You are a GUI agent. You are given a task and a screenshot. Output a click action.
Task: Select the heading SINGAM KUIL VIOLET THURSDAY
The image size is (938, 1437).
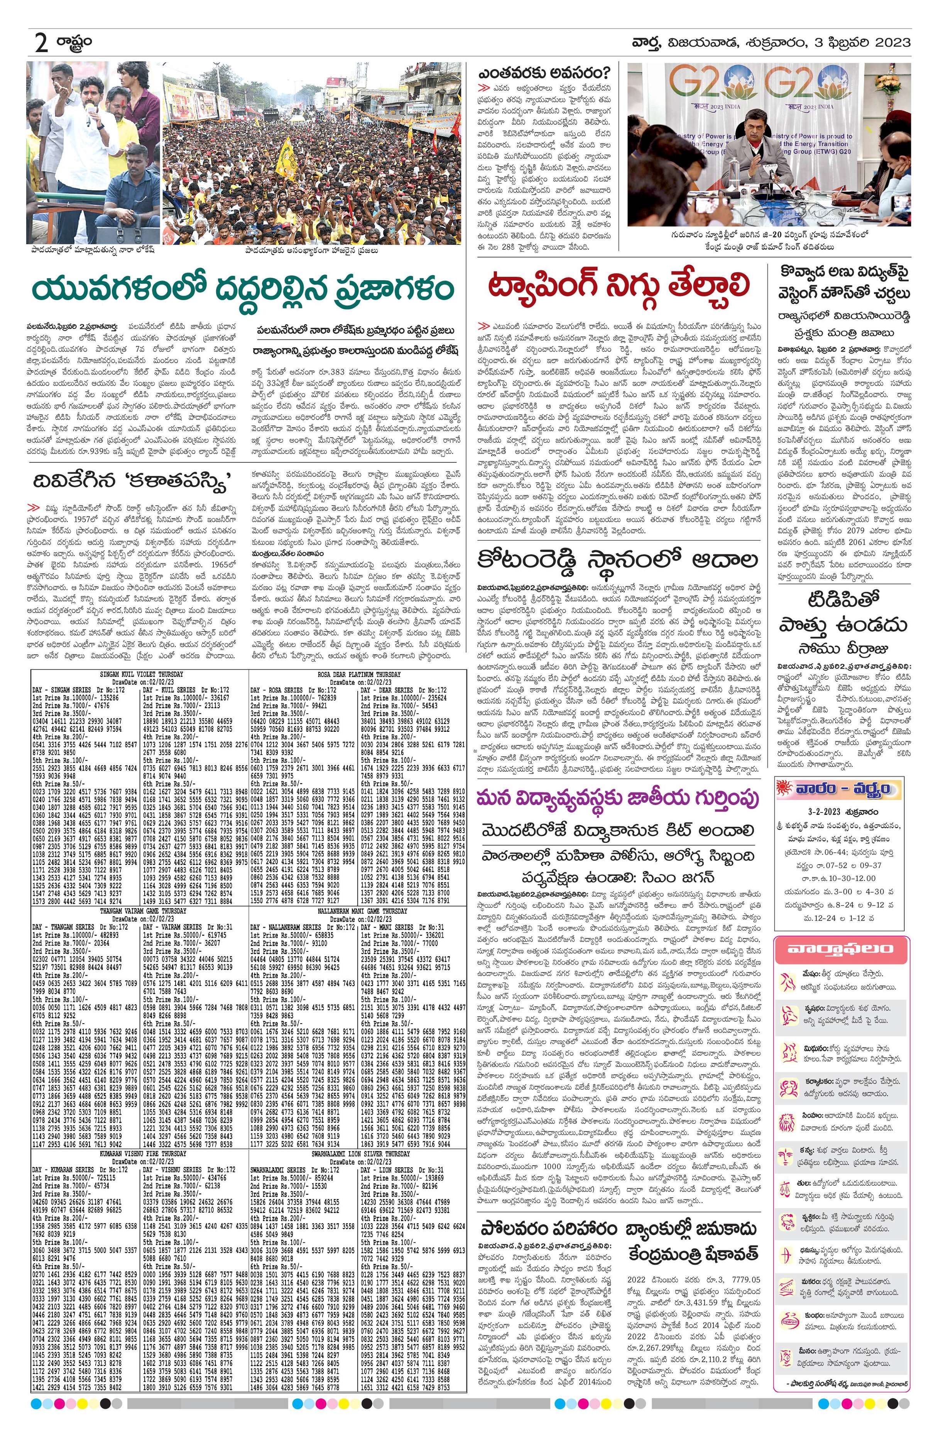pyautogui.click(x=140, y=674)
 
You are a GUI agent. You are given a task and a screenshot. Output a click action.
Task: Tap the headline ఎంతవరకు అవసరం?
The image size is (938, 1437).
pyautogui.click(x=544, y=73)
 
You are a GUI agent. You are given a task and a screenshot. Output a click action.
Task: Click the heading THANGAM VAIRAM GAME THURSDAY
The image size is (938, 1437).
pyautogui.click(x=140, y=911)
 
